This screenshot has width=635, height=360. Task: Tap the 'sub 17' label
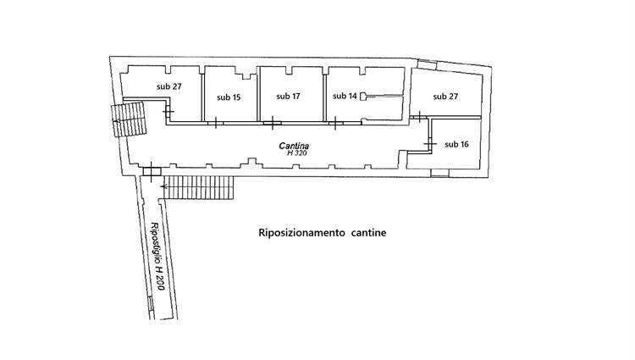(x=288, y=96)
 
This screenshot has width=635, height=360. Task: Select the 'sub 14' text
(x=345, y=96)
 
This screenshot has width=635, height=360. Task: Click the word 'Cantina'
(x=295, y=146)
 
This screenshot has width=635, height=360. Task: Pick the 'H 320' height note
(x=295, y=153)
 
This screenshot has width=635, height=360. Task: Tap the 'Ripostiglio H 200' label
(x=156, y=257)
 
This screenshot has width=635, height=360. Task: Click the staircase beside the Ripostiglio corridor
(x=199, y=188)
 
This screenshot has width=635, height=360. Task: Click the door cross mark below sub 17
(x=273, y=124)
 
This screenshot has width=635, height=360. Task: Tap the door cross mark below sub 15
(x=216, y=124)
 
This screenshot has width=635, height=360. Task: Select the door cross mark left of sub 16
(x=428, y=144)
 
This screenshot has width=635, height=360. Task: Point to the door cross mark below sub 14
(x=336, y=124)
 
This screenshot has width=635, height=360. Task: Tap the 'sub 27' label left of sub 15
(x=169, y=86)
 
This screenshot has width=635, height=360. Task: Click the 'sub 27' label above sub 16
(x=445, y=97)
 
